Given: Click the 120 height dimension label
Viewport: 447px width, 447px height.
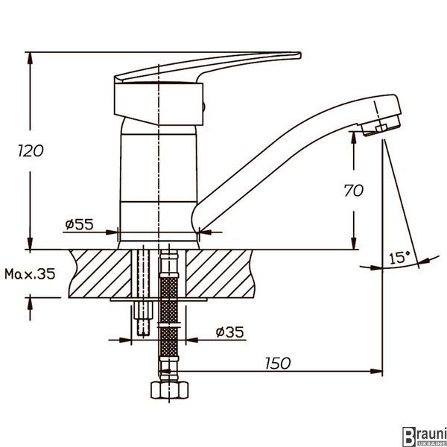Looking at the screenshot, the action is (31, 150).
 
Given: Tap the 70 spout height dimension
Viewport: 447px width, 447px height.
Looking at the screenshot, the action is (353, 191).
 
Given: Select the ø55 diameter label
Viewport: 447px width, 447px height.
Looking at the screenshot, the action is (79, 224).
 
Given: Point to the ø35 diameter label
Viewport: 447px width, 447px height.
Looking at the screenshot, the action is (229, 332).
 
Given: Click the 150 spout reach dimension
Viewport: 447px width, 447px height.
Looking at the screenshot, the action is (278, 364).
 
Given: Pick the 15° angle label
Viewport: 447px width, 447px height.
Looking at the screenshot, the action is (399, 258).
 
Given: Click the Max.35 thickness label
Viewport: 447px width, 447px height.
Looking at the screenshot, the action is (30, 274).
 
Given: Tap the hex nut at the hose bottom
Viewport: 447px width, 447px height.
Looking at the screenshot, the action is (170, 390).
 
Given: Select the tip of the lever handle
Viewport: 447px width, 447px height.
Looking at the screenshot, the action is (300, 55).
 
